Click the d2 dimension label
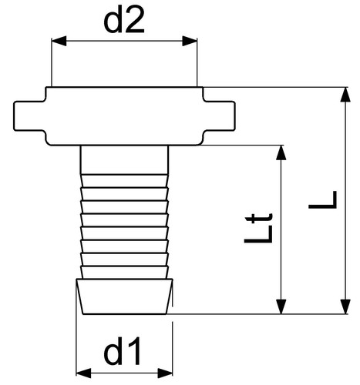124,20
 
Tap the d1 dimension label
123,351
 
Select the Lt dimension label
258,228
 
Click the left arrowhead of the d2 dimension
59,41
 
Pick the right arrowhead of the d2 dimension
190,41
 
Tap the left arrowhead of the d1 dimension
84,373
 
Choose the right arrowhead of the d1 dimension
165,373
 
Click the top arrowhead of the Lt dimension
281,152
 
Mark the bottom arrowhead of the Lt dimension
281,306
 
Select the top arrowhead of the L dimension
345,95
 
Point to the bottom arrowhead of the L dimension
345,306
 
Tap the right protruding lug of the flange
219,116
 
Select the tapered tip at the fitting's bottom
124,296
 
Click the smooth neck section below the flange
124,159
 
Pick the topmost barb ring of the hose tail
124,181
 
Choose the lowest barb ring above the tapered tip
124,273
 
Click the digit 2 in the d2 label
134,20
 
